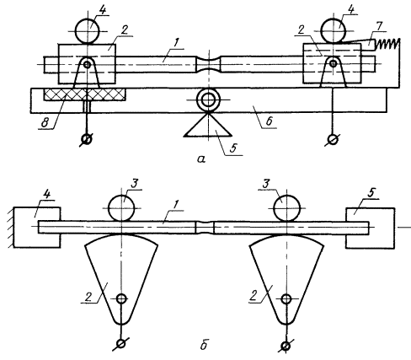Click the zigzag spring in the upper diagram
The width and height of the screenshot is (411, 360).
[x=387, y=44]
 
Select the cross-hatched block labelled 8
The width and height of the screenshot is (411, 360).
[x=84, y=94]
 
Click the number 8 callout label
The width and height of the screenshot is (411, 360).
[x=45, y=122]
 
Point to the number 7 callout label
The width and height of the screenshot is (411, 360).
[x=379, y=26]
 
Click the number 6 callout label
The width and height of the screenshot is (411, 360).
[x=270, y=121]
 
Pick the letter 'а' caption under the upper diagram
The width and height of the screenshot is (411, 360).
[x=201, y=159]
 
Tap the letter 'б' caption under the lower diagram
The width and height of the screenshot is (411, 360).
[x=204, y=345]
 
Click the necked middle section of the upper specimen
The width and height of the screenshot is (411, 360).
[x=208, y=64]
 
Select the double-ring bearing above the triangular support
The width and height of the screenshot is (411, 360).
[x=208, y=99]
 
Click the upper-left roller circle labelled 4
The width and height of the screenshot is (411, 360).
[x=88, y=30]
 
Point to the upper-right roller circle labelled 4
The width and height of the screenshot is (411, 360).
[x=334, y=30]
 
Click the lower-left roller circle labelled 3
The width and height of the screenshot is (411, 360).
[x=121, y=208]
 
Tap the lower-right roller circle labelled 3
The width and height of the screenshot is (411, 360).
[x=287, y=208]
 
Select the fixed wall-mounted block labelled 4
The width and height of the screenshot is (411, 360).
[x=36, y=228]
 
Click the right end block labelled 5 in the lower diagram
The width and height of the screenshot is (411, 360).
[x=371, y=228]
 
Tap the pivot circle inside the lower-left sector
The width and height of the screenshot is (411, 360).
[x=121, y=298]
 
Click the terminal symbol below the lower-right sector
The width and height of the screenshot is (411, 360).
[x=286, y=346]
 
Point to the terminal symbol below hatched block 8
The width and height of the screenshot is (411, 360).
[x=88, y=139]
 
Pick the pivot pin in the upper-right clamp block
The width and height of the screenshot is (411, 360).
[x=334, y=63]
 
